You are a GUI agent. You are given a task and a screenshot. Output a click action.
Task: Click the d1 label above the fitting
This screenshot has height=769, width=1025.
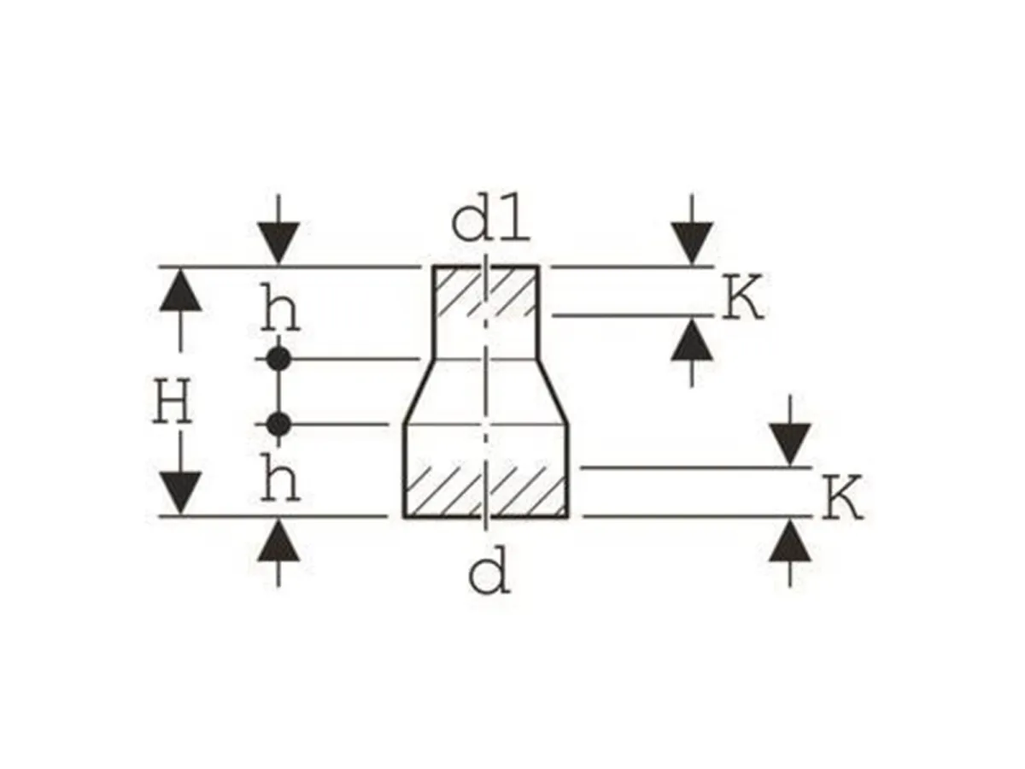point(490,223)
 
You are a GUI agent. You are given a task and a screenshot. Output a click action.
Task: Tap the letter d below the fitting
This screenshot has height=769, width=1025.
point(489,574)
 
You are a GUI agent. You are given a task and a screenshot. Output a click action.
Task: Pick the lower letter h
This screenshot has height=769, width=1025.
point(280,483)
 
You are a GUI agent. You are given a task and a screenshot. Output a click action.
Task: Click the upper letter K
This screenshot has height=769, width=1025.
point(741,298)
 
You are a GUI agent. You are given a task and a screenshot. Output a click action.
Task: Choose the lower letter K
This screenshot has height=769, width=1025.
point(844,500)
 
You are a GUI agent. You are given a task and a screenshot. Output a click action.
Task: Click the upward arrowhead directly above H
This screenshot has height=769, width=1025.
point(180,290)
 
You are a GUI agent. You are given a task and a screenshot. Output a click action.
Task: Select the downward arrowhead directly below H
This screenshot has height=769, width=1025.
point(180,491)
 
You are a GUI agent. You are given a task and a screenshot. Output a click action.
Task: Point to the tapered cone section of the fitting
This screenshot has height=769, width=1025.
point(485,391)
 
